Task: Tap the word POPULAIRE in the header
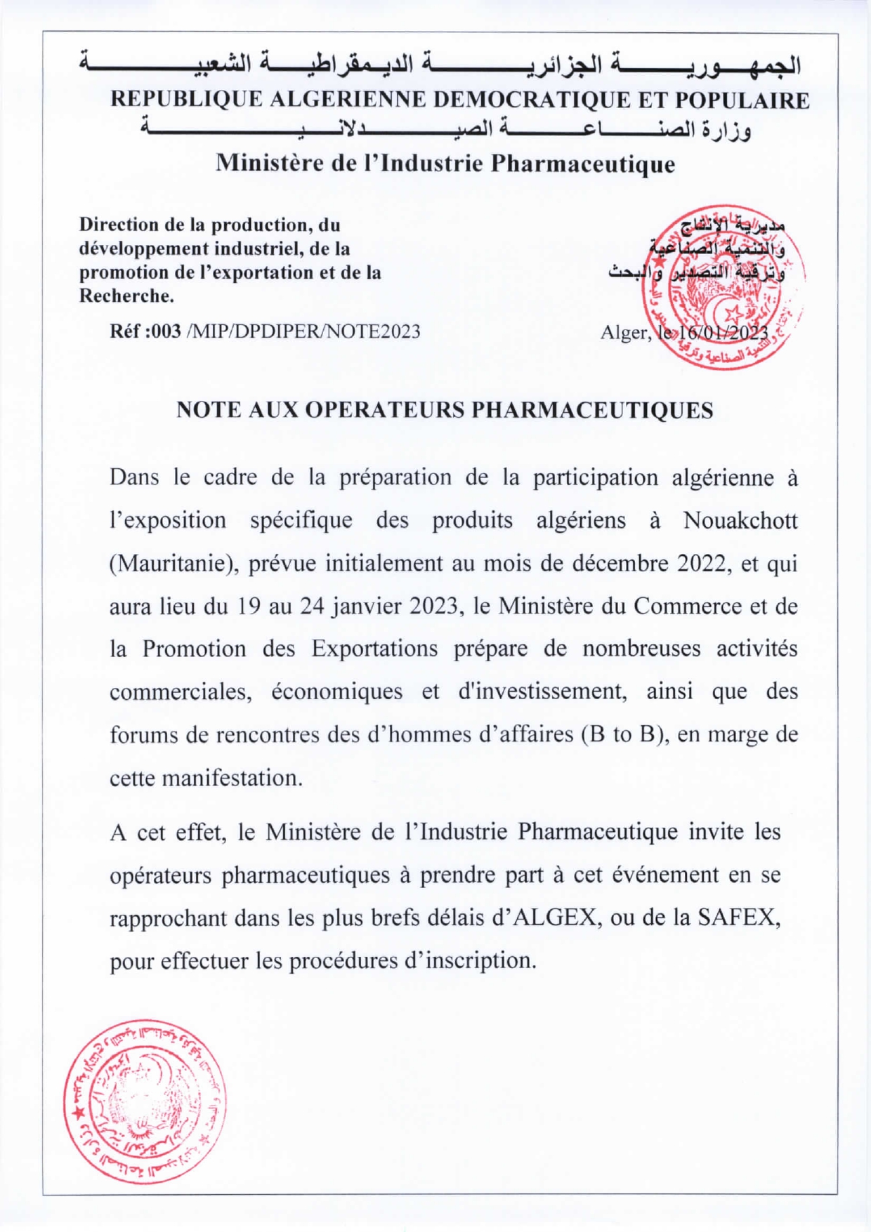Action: coord(742,100)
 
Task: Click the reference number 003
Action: coord(166,331)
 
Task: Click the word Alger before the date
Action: coord(625,332)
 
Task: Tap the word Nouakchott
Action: coord(740,521)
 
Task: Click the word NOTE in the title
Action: coord(206,410)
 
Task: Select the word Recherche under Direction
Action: coord(126,296)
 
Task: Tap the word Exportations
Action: coord(374,649)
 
